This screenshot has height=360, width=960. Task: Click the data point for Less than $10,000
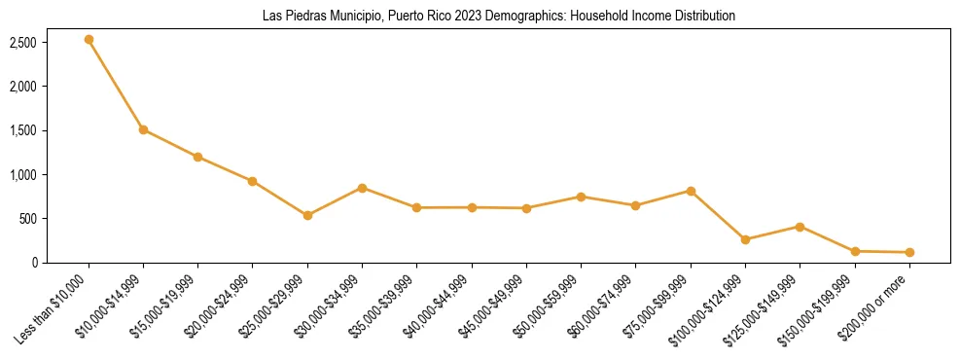pos(89,40)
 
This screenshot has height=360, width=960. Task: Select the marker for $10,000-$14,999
pos(143,129)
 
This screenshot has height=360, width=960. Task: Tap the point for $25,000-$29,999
pos(307,215)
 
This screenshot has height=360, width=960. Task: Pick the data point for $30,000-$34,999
pos(362,188)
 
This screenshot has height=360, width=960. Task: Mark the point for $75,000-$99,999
pos(691,191)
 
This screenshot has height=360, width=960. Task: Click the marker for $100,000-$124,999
pos(745,239)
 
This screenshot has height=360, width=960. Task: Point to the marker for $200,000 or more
pos(909,252)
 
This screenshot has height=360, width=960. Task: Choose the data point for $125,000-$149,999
pos(800,227)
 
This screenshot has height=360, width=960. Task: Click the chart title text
pos(499,17)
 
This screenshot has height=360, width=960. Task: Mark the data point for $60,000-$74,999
pos(635,205)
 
